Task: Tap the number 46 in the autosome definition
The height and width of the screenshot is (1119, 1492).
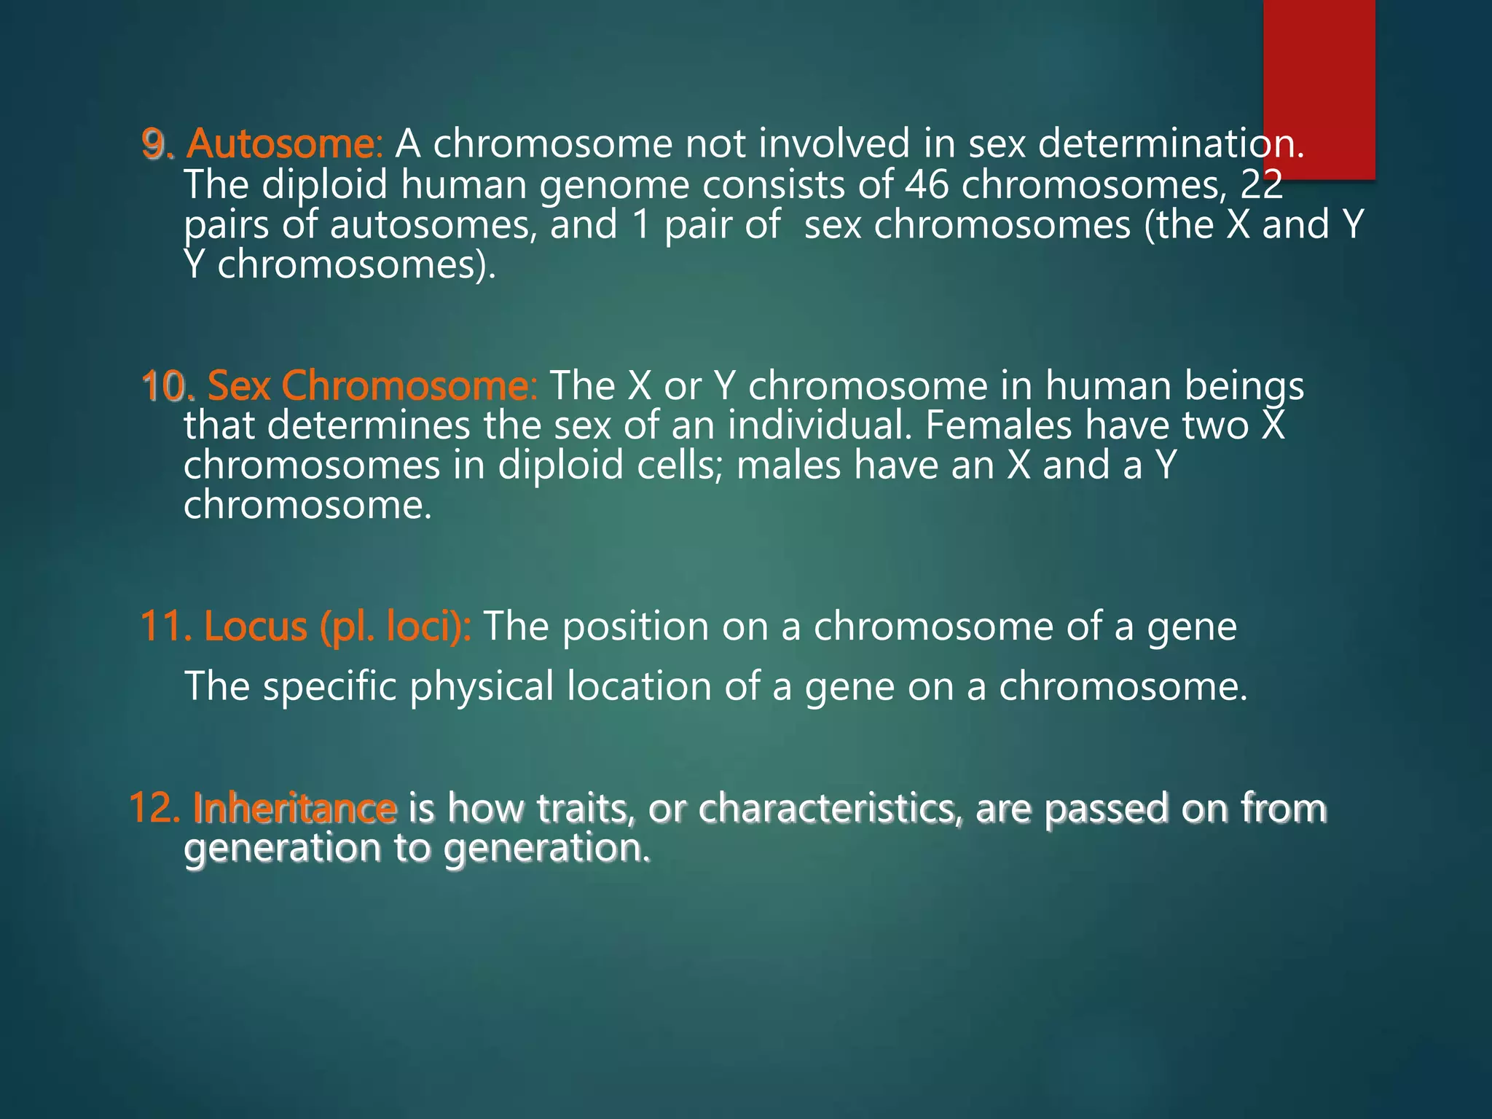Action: tap(927, 184)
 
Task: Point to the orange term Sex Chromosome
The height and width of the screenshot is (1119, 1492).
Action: tap(372, 385)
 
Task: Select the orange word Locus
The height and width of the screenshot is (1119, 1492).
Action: tap(255, 627)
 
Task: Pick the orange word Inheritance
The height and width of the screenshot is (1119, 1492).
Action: tap(295, 809)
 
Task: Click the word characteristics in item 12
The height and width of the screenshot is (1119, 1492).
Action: tap(831, 809)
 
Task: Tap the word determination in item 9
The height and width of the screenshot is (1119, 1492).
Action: tap(1170, 144)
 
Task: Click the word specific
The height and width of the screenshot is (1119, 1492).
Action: tap(330, 686)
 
